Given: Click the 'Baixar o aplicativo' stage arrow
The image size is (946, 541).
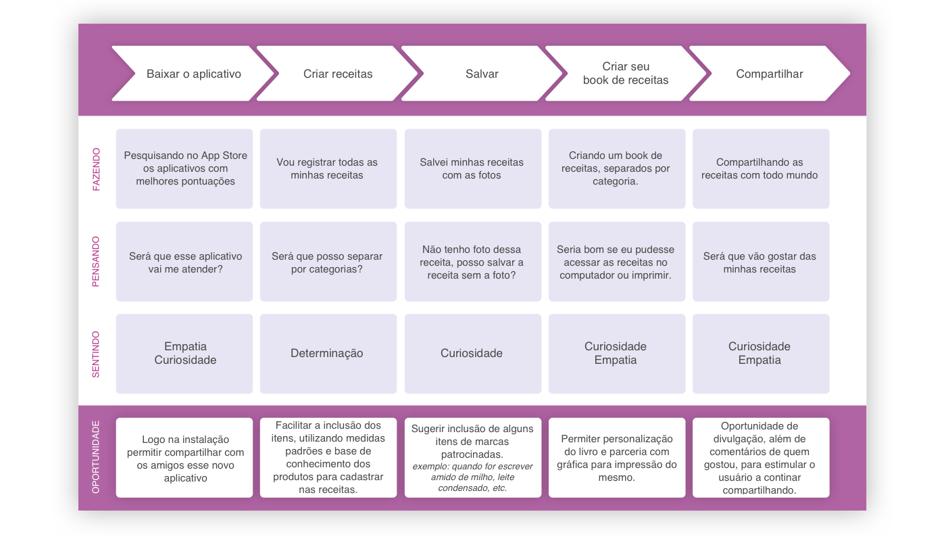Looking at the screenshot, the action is click(x=194, y=74).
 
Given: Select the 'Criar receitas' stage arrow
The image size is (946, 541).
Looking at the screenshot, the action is click(x=338, y=74).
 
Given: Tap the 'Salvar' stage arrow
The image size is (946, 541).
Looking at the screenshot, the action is click(x=482, y=74).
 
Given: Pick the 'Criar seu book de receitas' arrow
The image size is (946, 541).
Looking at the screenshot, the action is click(x=626, y=74).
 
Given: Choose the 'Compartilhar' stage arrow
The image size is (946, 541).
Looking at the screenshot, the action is click(x=770, y=74).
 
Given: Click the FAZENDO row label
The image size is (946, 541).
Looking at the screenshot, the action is click(x=96, y=169).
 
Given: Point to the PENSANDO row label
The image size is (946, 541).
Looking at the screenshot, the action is click(x=96, y=262).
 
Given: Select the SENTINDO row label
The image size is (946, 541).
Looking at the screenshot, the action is click(x=96, y=354).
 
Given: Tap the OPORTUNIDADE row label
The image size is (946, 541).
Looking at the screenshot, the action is click(x=96, y=457).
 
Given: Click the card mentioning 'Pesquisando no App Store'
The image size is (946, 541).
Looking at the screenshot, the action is click(x=184, y=169).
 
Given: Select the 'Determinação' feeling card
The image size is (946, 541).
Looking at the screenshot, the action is click(x=328, y=354).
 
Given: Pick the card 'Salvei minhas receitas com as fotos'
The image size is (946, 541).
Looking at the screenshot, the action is click(x=472, y=169).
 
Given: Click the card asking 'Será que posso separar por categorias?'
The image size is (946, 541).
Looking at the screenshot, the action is click(x=328, y=262).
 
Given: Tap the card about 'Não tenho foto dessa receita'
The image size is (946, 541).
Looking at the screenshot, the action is click(x=472, y=262).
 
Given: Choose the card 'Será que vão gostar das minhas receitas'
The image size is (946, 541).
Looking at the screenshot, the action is click(x=760, y=262).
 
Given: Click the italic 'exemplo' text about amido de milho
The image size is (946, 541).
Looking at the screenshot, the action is click(x=472, y=477).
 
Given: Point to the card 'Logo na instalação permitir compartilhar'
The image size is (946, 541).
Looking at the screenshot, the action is click(x=184, y=458).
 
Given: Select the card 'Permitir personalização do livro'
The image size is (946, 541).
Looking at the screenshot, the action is click(x=616, y=458).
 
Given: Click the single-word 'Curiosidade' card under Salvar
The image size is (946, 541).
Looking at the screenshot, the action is click(x=472, y=354).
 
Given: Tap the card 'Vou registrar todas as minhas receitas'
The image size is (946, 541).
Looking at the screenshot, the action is click(x=328, y=169).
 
